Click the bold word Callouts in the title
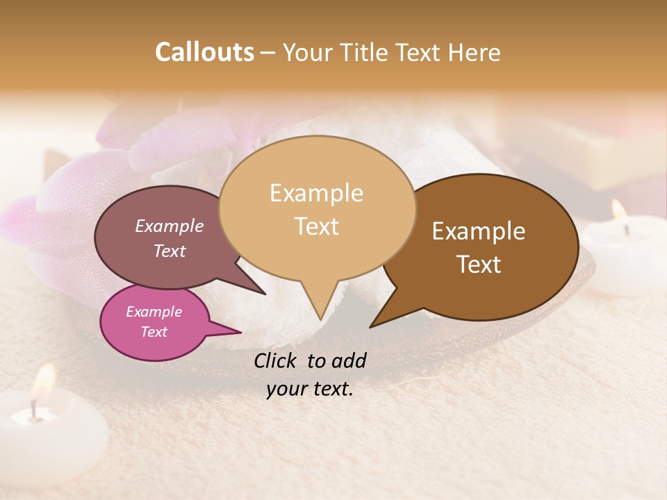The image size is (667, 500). click(204, 52)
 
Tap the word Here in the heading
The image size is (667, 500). click(475, 52)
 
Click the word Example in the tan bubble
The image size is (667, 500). click(316, 193)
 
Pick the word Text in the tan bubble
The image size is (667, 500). click(316, 226)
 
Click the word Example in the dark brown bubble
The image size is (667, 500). click(479, 231)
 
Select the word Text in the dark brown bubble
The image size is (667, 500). click(479, 265)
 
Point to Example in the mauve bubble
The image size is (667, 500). click(170, 226)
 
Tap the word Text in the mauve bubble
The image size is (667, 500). click(170, 251)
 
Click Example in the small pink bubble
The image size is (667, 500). click(154, 312)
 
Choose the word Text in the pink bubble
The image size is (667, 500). click(154, 332)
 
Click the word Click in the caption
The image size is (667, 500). click(277, 360)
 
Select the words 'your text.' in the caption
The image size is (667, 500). click(310, 389)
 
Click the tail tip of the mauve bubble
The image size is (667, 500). click(264, 293)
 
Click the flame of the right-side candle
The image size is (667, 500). click(618, 209)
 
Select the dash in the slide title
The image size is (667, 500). click(269, 53)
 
